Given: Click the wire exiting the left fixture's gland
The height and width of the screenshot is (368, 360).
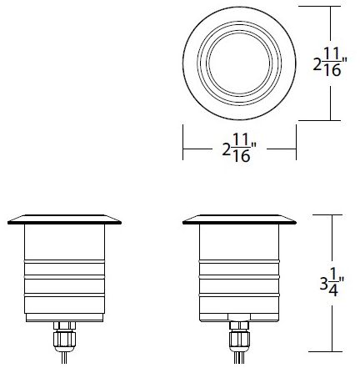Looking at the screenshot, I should [61, 359].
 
